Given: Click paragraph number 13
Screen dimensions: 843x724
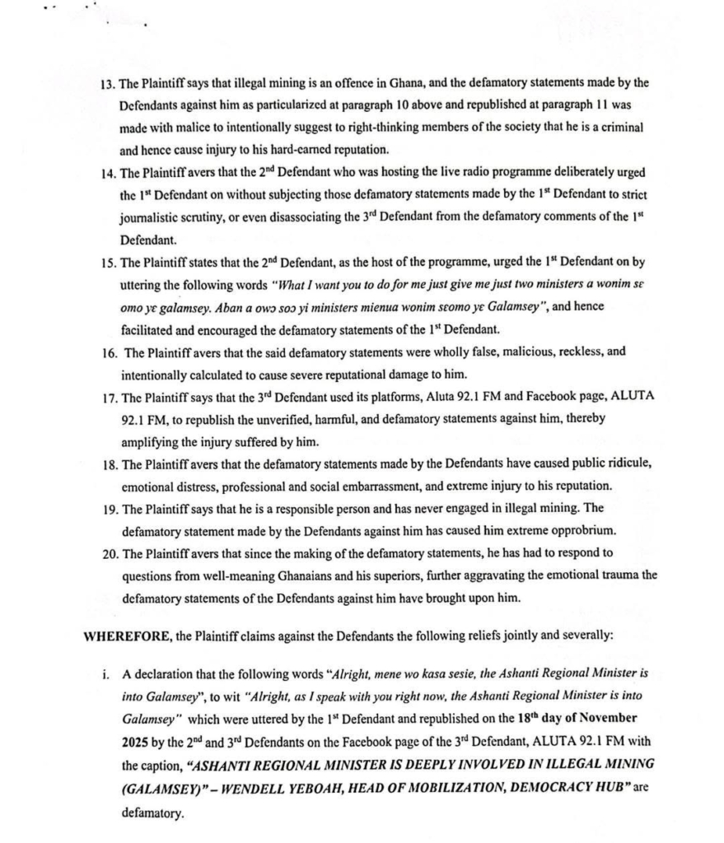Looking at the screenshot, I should (x=105, y=83).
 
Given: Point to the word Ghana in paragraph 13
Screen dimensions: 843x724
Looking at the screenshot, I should (x=398, y=83).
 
